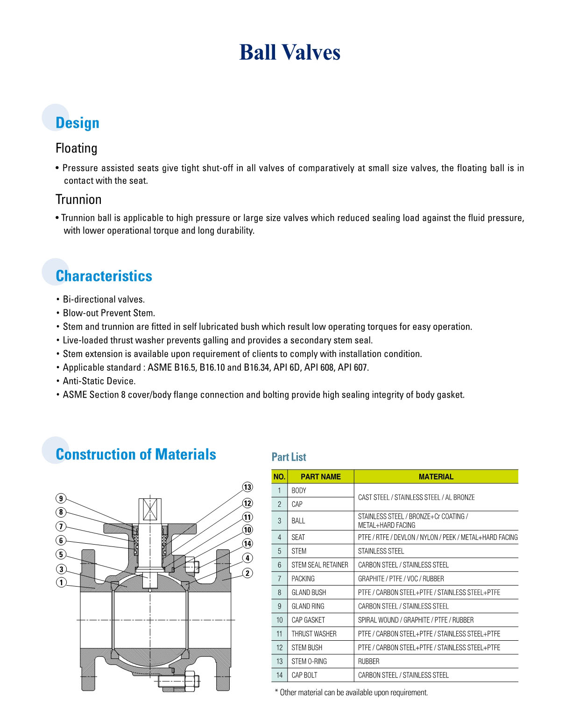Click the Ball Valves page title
coord(289,52)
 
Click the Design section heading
coord(78,123)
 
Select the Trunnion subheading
coord(78,199)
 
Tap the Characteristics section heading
coord(104,276)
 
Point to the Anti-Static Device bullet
coord(99,381)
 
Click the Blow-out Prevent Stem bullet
coord(109,313)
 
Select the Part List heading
coord(289,457)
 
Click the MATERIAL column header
coord(436,476)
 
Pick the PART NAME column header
coord(320,476)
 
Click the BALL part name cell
coord(298,521)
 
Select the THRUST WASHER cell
coord(314,634)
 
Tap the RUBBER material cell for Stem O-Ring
coord(368,661)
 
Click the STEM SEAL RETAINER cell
coord(320,565)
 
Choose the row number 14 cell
coord(279,675)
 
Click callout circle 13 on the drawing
coord(247,487)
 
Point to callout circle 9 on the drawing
coord(61,498)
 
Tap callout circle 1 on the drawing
coord(61,582)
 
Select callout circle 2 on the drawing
coord(247,573)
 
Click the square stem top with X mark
coord(150,510)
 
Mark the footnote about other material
coord(351,693)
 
